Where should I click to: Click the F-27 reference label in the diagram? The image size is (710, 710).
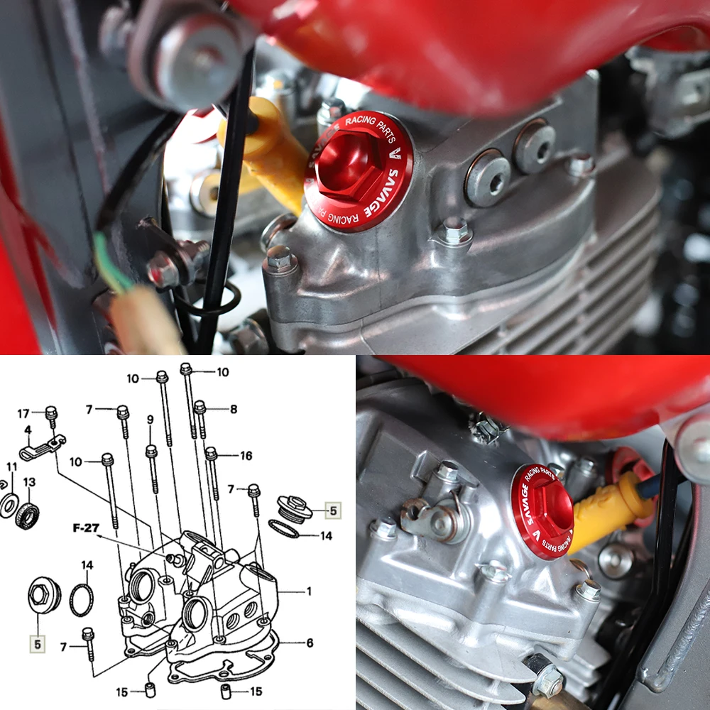coord(86,528)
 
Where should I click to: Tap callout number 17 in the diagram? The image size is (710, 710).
coord(23,413)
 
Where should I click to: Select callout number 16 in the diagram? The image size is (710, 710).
coord(246,456)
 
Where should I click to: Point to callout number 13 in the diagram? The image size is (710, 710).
coord(29,482)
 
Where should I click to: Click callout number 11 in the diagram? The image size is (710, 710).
coord(12,466)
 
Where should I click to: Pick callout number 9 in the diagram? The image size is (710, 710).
coord(151,420)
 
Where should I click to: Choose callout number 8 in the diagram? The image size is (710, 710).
coord(234,409)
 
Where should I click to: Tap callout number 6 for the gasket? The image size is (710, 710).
coord(310,643)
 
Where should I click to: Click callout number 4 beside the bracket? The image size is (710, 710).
coord(28,430)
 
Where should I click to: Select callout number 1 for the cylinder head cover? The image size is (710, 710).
coord(309,591)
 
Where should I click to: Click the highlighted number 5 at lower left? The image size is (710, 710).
coord(38,644)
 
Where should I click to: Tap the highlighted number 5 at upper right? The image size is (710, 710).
coord(333,510)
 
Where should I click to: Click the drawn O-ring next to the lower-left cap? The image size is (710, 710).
coord(82,601)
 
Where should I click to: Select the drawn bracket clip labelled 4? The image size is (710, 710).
coord(43,447)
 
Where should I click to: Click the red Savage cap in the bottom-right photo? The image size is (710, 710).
coord(542,512)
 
